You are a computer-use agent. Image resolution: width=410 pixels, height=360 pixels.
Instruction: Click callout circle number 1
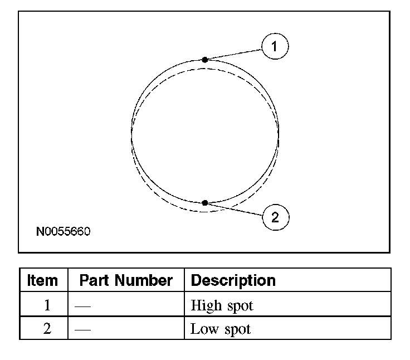(275, 47)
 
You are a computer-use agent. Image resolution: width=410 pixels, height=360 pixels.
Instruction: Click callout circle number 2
(275, 216)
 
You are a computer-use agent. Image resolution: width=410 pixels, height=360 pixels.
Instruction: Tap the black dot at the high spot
(205, 60)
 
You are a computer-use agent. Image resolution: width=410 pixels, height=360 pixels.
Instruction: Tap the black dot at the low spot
(205, 203)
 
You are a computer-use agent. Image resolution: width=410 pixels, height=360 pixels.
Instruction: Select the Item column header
(43, 280)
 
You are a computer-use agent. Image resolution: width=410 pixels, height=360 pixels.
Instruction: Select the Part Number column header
(126, 280)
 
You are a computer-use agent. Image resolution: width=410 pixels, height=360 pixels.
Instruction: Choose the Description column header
(233, 280)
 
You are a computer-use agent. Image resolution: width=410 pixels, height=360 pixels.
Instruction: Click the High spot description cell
(222, 305)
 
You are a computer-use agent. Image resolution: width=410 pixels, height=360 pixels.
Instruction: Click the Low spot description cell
(221, 329)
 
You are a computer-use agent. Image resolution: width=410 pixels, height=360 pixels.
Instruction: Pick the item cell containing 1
(47, 305)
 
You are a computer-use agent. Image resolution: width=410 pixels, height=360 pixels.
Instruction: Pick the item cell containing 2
(47, 329)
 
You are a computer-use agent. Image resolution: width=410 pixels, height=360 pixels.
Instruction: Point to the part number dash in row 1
(82, 306)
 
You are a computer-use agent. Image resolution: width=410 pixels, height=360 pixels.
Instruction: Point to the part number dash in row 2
(82, 329)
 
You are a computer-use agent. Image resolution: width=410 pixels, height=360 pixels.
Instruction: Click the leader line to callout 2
(234, 208)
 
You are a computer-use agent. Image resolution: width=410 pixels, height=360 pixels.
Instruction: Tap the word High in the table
(204, 305)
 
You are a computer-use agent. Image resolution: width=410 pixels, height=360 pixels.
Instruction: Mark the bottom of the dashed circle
(205, 212)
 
